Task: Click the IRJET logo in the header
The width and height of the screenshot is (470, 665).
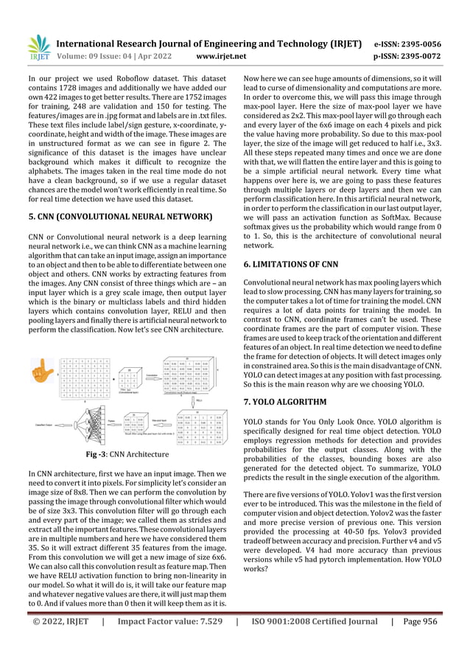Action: (38, 49)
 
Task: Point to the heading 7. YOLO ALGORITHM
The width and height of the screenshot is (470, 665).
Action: (289, 402)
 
